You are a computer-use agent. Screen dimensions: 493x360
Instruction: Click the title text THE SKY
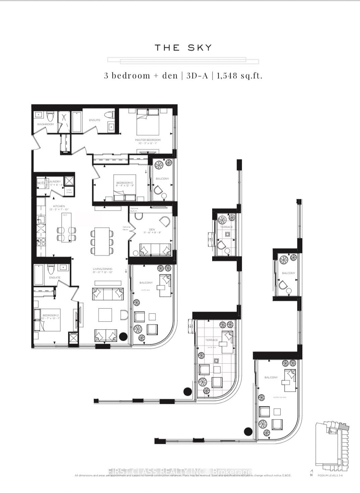183,48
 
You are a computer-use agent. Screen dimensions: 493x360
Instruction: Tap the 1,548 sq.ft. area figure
239,75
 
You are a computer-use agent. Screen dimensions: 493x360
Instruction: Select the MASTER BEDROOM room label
147,140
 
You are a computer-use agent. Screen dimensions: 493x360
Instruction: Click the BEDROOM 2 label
50,316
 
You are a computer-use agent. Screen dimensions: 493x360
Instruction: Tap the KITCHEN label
59,206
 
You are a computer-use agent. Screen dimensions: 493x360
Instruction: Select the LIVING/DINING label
103,269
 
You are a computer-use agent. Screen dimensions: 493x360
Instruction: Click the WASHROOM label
45,124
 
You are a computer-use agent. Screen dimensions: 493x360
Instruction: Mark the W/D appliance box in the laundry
41,183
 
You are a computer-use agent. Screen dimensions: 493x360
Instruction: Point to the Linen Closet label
69,191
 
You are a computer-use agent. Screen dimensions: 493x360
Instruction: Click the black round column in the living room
123,336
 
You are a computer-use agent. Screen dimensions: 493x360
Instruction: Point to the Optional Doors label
126,228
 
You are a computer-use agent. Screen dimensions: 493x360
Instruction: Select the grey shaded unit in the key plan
344,426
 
